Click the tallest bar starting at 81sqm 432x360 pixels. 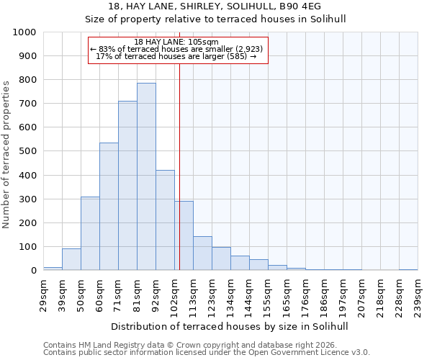tap(146, 176)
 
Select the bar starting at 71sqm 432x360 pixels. tap(127, 186)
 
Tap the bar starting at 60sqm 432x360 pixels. tap(109, 207)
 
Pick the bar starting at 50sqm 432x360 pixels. tap(90, 233)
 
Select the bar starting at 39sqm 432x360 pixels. tap(71, 259)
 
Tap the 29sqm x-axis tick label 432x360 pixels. tap(43, 293)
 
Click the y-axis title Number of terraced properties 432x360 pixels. tap(6, 154)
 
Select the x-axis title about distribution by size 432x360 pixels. tap(230, 326)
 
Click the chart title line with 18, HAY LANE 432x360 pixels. tap(230, 7)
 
